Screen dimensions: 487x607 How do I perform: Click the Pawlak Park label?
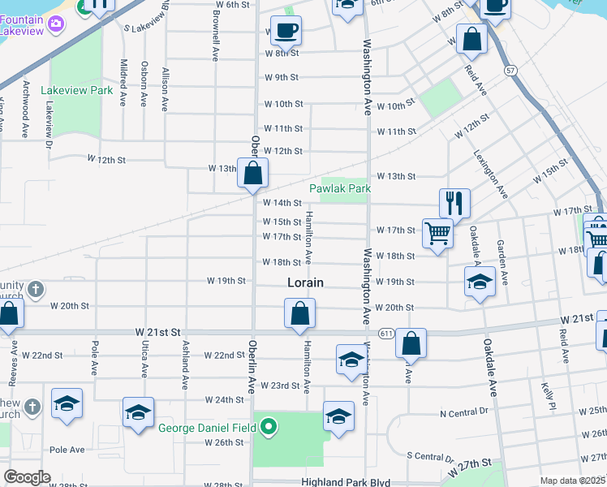pyautogui.click(x=339, y=189)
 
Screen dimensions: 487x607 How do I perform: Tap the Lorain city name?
pyautogui.click(x=305, y=283)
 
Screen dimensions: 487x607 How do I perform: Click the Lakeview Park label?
pyautogui.click(x=80, y=91)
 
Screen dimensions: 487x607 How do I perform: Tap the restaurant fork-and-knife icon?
pyautogui.click(x=454, y=203)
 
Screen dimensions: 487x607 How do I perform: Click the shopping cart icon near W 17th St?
pyautogui.click(x=437, y=233)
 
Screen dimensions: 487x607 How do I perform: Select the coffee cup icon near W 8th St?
pyautogui.click(x=285, y=31)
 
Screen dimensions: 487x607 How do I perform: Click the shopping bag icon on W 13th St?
pyautogui.click(x=253, y=172)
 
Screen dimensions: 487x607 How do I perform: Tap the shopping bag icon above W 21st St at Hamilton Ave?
pyautogui.click(x=299, y=313)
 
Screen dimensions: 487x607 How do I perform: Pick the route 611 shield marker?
pyautogui.click(x=386, y=334)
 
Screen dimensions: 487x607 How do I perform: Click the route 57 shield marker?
pyautogui.click(x=509, y=71)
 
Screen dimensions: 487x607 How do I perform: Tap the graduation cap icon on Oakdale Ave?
pyautogui.click(x=480, y=282)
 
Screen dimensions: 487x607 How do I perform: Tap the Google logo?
pyautogui.click(x=27, y=477)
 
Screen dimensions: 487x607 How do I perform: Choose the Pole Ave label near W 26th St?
pyautogui.click(x=67, y=449)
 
